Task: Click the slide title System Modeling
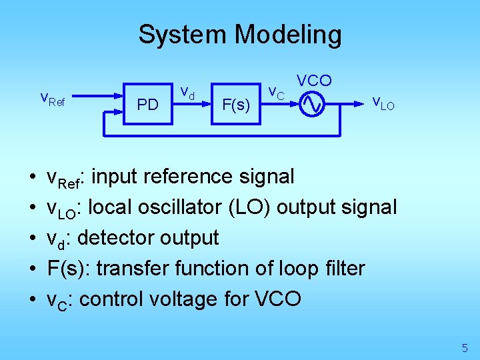pyautogui.click(x=239, y=35)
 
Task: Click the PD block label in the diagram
pyautogui.click(x=147, y=105)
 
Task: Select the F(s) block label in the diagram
pyautogui.click(x=236, y=105)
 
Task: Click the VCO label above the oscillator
pyautogui.click(x=314, y=81)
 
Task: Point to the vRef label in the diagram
pyautogui.click(x=53, y=100)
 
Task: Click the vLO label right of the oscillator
pyautogui.click(x=383, y=103)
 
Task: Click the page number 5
pyautogui.click(x=465, y=347)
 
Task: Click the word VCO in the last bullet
pyautogui.click(x=277, y=299)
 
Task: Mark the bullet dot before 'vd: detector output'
pyautogui.click(x=33, y=238)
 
